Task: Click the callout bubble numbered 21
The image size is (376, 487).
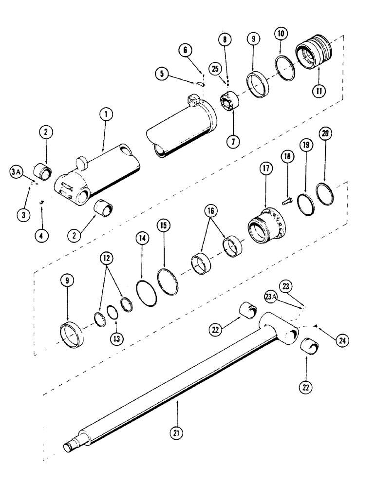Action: pos(177,432)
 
